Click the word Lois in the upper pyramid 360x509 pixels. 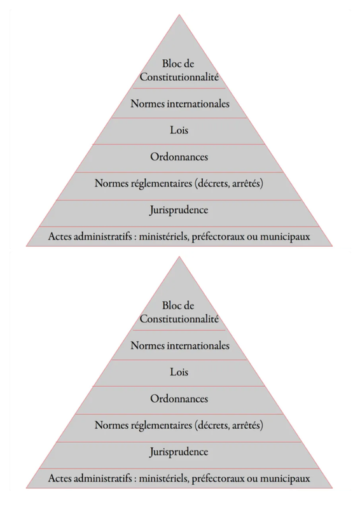click(x=179, y=130)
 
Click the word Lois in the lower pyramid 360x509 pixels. click(x=179, y=372)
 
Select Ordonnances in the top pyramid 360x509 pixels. click(x=179, y=157)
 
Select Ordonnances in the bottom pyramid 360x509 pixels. click(x=179, y=399)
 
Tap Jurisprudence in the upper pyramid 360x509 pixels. click(x=179, y=210)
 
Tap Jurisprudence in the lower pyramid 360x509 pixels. click(x=179, y=452)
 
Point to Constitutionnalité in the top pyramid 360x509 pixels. click(x=179, y=77)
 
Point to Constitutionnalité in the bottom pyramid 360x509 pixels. click(x=179, y=319)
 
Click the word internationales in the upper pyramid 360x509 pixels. click(x=198, y=104)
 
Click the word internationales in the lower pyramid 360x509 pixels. click(x=198, y=345)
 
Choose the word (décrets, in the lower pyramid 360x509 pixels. click(x=212, y=426)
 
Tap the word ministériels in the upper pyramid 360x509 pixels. click(x=164, y=237)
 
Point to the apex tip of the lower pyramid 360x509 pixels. click(x=179, y=256)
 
